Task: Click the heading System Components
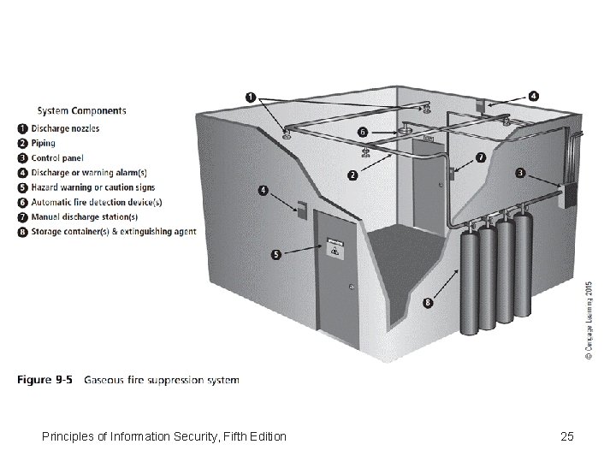tap(81, 110)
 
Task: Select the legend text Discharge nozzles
tap(65, 128)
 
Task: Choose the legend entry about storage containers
tap(114, 231)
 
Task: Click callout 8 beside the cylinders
tap(428, 301)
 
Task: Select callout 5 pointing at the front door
tap(276, 253)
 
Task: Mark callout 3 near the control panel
tap(520, 173)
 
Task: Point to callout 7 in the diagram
tap(480, 157)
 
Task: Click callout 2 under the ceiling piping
tap(352, 177)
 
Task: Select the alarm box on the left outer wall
tap(301, 206)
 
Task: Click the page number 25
tap(566, 437)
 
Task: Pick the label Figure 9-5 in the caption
tap(48, 380)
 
